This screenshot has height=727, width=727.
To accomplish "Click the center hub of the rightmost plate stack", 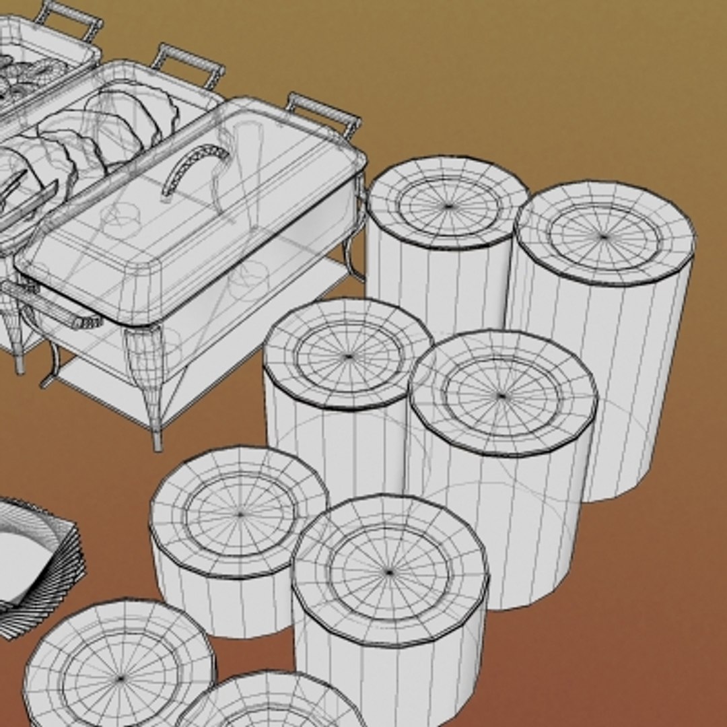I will (x=604, y=236).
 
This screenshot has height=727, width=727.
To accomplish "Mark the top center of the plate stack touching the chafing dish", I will (x=448, y=205).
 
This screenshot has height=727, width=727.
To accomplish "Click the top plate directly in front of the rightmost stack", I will (x=502, y=396).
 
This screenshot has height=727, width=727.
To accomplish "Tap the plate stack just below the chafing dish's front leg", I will (x=240, y=515).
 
